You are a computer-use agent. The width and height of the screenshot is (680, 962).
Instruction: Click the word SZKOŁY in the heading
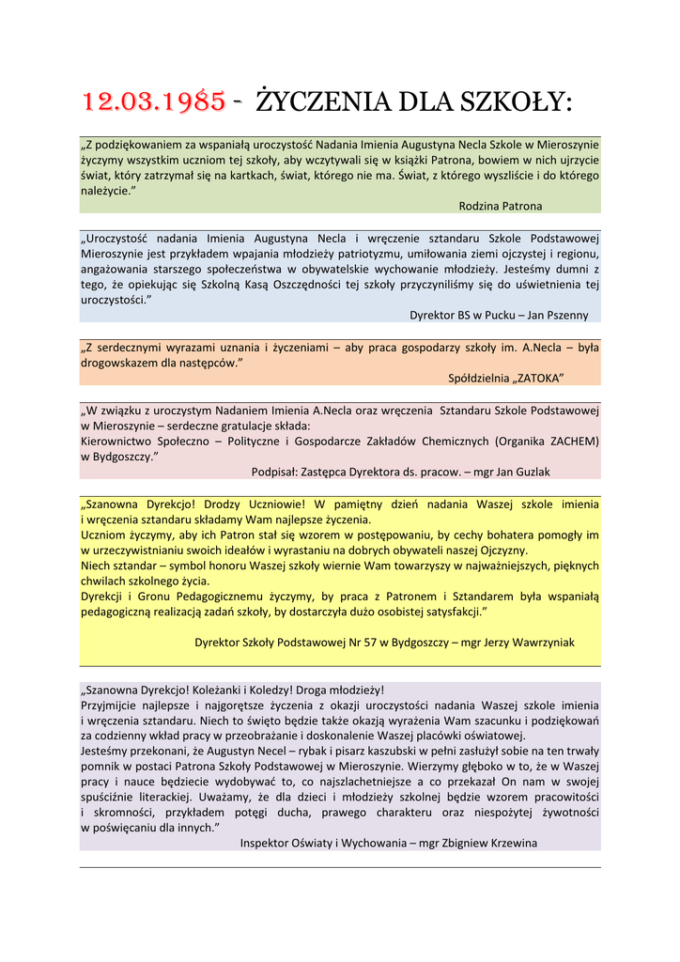tap(515, 101)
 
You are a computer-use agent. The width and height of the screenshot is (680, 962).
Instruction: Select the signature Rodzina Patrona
tap(500, 206)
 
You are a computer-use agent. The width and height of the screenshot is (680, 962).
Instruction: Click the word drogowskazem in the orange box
tap(117, 363)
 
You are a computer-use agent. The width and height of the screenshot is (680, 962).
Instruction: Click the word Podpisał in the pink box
tap(276, 473)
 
